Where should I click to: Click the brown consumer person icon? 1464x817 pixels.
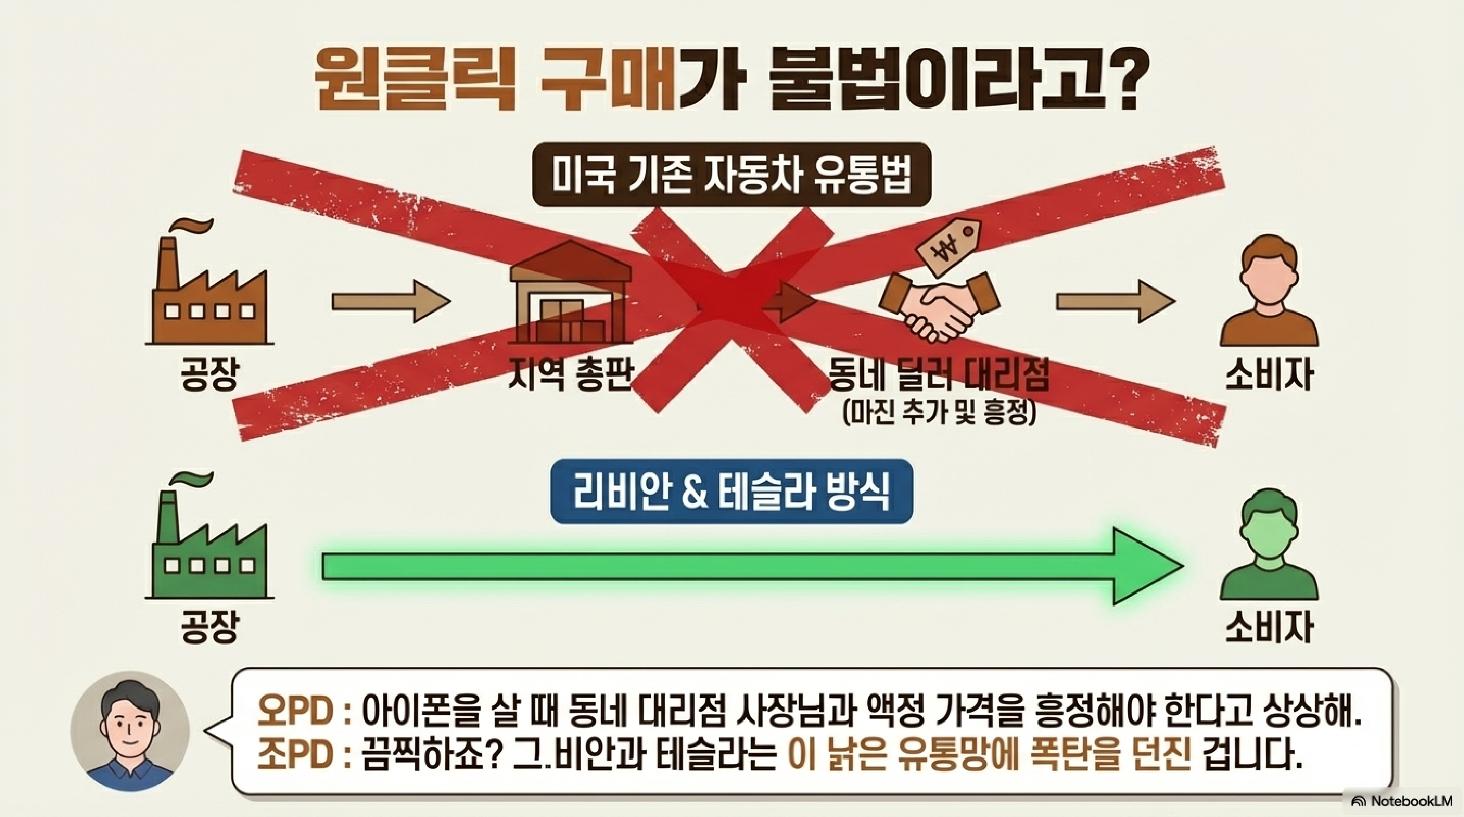(x=1268, y=293)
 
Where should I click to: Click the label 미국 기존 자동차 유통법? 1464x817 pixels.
(x=731, y=175)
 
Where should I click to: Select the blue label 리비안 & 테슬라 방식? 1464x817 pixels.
(x=731, y=492)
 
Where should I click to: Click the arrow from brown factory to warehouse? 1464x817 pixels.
(x=391, y=301)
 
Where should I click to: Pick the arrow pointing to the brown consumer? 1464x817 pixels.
(x=1115, y=301)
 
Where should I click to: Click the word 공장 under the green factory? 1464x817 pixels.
(x=209, y=627)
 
